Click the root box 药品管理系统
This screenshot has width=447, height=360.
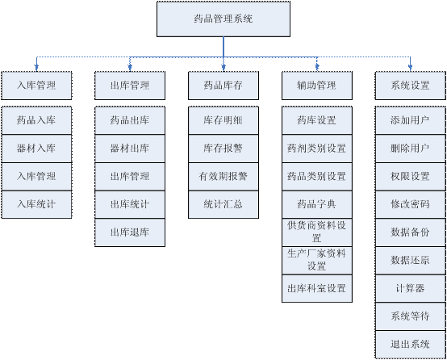223,19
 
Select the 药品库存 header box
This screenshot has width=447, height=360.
223,86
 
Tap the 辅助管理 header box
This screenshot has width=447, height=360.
317,86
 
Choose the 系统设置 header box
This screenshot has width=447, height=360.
410,86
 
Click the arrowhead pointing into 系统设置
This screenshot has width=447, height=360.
410,68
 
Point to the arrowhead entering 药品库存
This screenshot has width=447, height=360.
223,68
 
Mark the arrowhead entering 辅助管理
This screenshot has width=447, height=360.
317,68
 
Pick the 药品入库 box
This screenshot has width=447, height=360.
36,120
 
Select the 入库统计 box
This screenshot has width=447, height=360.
36,204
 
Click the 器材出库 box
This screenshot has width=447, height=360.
130,149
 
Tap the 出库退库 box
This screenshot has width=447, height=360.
130,232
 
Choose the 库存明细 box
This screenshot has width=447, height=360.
223,120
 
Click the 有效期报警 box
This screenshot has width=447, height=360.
223,176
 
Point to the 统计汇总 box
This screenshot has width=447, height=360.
223,204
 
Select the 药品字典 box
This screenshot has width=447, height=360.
317,204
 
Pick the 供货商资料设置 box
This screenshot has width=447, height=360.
317,232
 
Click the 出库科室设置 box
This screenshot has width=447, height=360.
317,288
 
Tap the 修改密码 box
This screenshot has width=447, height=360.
410,204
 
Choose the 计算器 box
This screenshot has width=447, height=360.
410,288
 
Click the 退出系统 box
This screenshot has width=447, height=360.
410,345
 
